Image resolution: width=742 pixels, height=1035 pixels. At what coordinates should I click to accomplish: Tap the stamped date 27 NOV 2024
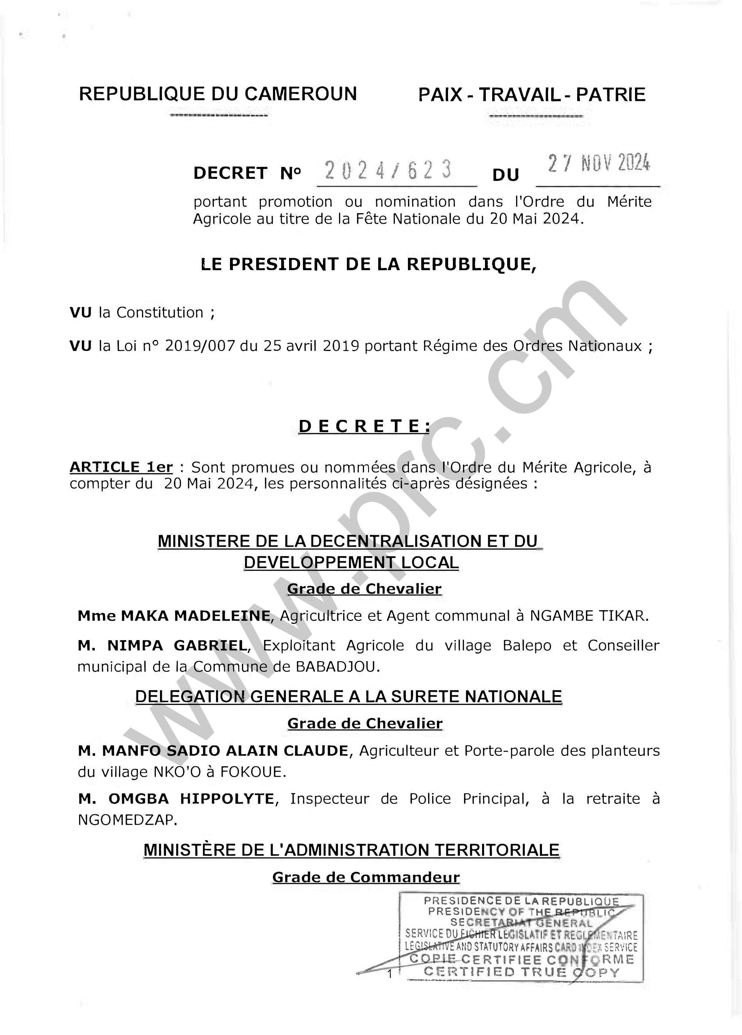tap(599, 164)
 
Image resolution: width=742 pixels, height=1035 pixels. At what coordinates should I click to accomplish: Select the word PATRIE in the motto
tap(611, 95)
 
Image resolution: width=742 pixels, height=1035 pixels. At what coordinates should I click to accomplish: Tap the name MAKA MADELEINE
tap(196, 616)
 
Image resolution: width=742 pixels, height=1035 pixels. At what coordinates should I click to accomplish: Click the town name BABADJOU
tap(337, 667)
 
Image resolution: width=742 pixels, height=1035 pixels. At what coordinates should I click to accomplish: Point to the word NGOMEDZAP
tap(127, 820)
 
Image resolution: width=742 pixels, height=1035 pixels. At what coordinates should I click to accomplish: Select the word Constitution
tap(160, 313)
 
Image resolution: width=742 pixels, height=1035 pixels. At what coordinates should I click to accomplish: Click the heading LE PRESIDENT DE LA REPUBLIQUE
tap(368, 264)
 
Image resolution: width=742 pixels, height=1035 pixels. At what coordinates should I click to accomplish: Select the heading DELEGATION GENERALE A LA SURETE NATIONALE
tap(349, 696)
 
